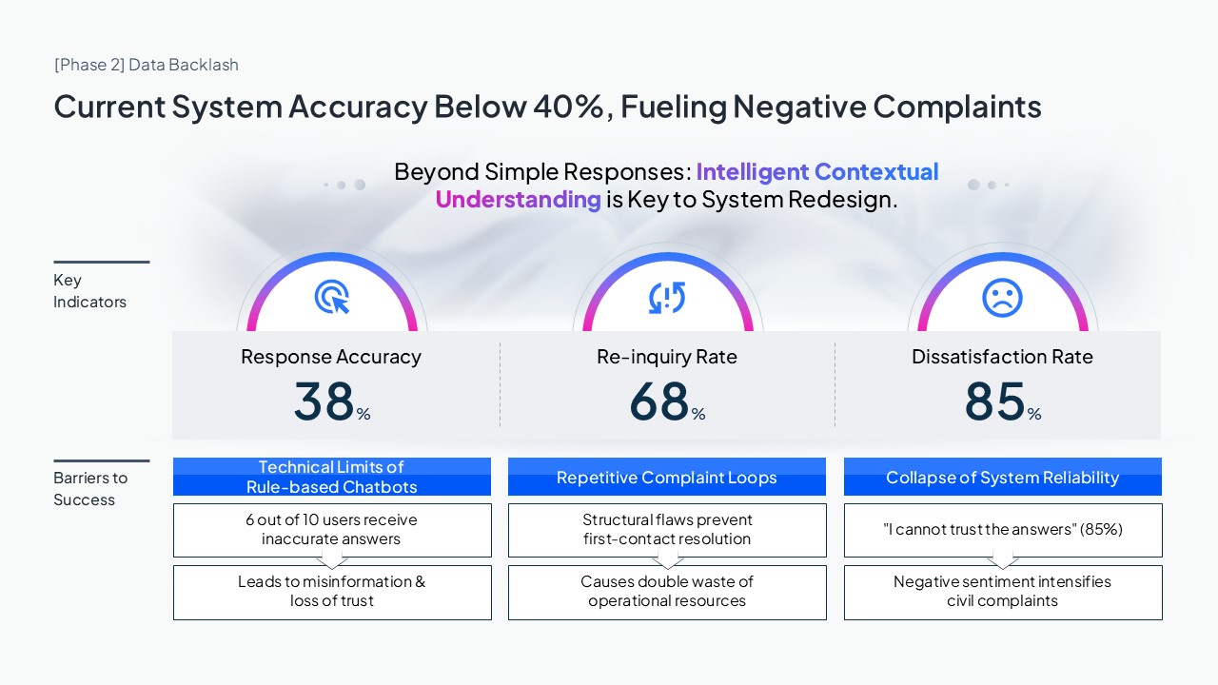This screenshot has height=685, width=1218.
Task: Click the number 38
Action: [324, 401]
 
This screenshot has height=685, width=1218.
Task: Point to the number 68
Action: [658, 401]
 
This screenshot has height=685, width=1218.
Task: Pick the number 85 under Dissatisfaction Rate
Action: [994, 401]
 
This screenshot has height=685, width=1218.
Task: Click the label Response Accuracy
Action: [331, 357]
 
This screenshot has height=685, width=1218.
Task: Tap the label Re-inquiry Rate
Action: [667, 357]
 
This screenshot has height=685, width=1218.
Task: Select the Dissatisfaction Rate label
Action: [1002, 357]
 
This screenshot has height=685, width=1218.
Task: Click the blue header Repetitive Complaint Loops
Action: [667, 478]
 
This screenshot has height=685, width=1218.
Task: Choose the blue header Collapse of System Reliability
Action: [1002, 478]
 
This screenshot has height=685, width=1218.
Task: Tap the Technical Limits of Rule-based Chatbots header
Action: [332, 477]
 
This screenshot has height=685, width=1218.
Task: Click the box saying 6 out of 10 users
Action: [332, 530]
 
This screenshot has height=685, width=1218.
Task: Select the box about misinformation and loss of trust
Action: [332, 592]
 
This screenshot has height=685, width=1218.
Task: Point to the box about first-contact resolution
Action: [667, 530]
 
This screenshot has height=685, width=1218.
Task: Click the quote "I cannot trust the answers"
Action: [1002, 530]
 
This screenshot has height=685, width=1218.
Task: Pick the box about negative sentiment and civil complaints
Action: [1002, 592]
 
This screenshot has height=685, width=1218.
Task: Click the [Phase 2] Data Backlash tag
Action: [147, 65]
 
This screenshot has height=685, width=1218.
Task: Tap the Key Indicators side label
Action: [89, 291]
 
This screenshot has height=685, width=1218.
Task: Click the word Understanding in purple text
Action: [518, 200]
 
